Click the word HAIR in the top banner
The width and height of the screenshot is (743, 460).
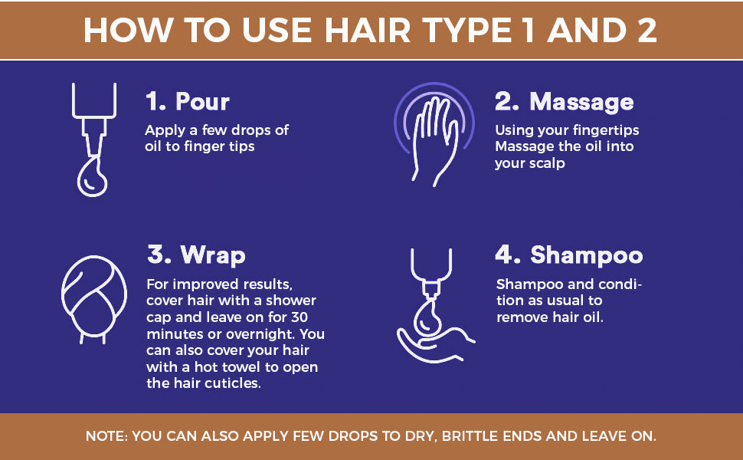coord(367,31)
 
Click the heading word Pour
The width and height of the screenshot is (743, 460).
coord(202,101)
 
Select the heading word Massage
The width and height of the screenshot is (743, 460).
coord(581,102)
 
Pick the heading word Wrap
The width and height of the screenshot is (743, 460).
coord(213,255)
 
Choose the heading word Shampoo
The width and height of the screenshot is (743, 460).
coord(586,255)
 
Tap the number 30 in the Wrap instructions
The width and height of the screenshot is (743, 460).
coord(299,317)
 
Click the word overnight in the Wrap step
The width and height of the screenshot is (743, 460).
coord(260,333)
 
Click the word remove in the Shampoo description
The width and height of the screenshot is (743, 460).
coord(522,317)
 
